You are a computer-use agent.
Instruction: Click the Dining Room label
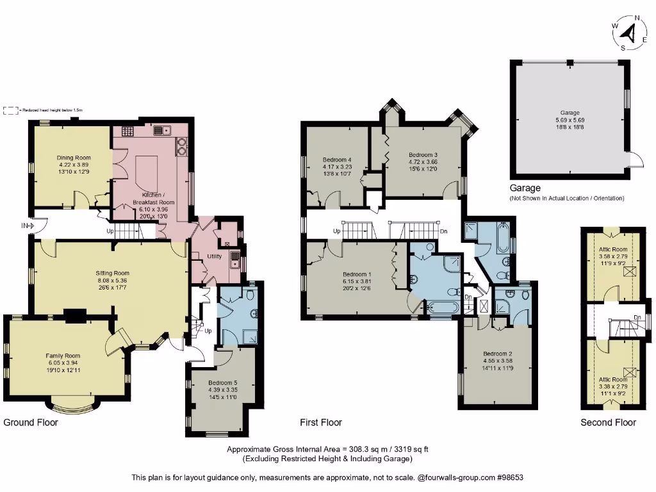(74, 158)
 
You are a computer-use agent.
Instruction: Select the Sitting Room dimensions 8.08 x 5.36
(113, 280)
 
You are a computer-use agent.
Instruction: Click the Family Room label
(63, 356)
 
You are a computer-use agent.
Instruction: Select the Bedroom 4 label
(337, 160)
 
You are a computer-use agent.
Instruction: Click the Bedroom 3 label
(423, 154)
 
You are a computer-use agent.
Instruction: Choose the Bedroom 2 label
(498, 354)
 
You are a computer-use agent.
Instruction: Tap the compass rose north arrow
(630, 31)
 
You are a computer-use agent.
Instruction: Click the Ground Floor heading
(31, 422)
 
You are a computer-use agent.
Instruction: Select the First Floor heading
(321, 422)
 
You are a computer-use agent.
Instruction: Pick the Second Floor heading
(608, 422)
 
